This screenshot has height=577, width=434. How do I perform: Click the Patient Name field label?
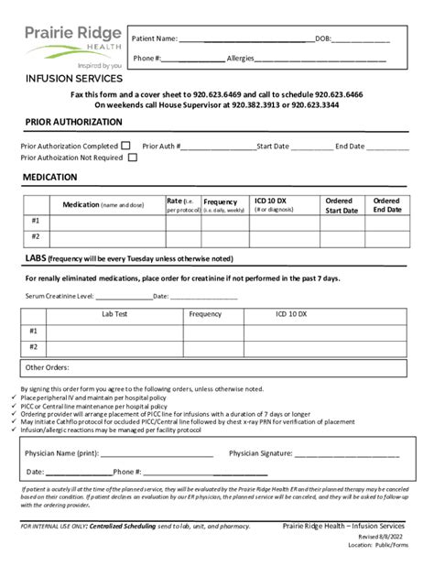pos(155,38)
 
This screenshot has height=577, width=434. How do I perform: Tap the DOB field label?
pos(323,38)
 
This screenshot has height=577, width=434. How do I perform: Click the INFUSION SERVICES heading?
pos(74,79)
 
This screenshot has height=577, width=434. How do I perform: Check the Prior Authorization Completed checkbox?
pos(125,145)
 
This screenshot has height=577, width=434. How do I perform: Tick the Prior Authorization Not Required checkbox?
pos(133,158)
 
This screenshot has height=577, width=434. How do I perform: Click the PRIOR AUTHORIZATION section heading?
pos(73,122)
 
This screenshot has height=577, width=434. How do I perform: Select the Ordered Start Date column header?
pos(341,205)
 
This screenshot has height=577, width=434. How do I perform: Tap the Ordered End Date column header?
pos(386,205)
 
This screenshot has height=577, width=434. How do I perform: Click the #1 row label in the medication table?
pos(36,221)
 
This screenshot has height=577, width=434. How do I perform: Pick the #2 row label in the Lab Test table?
pos(34,347)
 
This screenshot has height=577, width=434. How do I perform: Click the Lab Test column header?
pos(114,314)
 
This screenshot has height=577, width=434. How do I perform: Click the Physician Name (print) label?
pos(62,452)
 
